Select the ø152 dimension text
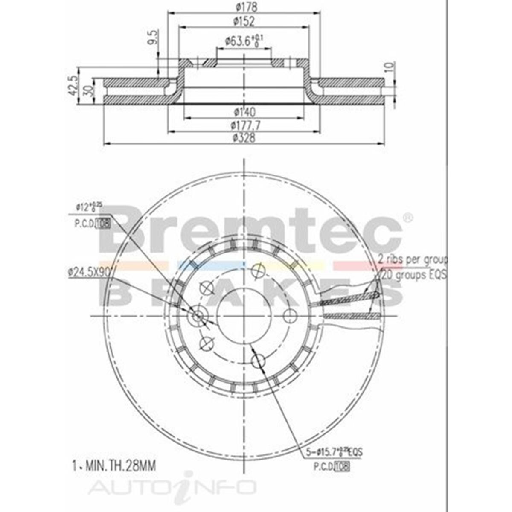[x=244, y=21]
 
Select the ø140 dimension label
[x=244, y=112]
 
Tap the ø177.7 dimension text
[x=244, y=125]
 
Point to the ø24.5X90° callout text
[x=88, y=272]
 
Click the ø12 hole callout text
[x=89, y=207]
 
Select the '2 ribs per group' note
[x=412, y=259]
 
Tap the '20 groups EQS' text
[x=413, y=275]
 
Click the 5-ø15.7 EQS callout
[x=334, y=453]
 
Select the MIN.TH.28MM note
[x=112, y=465]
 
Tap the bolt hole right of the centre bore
[x=290, y=316]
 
